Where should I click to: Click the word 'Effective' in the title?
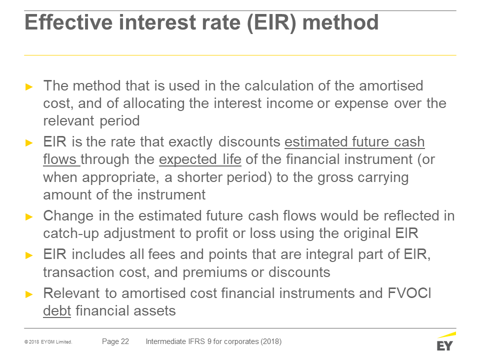click(x=68, y=22)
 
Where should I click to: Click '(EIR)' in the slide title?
click(x=271, y=22)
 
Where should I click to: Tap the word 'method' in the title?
click(x=340, y=22)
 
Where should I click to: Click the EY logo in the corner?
click(x=446, y=341)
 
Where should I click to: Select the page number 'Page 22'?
click(x=115, y=341)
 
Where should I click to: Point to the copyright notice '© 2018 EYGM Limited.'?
click(x=48, y=342)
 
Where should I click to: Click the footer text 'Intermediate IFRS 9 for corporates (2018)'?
click(x=213, y=341)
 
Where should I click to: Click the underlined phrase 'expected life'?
click(x=200, y=159)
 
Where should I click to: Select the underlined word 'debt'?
click(x=57, y=310)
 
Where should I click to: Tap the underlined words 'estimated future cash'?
click(x=354, y=141)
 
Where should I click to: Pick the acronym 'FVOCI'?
click(x=409, y=293)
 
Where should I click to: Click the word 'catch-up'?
click(x=71, y=233)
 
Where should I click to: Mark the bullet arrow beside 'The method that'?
click(x=29, y=87)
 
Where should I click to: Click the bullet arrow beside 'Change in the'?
click(x=29, y=217)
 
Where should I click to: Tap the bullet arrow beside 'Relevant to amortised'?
click(x=29, y=294)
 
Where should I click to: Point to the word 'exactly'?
click(x=190, y=142)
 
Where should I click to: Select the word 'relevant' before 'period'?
click(x=68, y=121)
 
